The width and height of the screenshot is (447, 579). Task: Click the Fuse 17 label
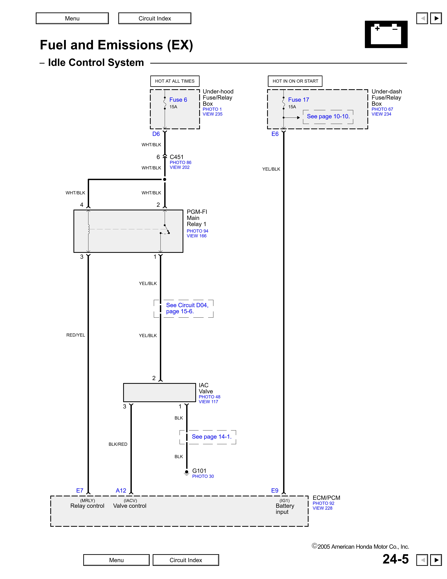coord(298,100)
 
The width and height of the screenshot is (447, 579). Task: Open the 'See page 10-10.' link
coord(328,116)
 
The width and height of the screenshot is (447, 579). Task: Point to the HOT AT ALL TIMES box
coord(175,81)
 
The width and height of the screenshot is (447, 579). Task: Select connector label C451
coord(177,157)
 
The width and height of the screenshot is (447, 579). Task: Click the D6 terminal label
coord(156,134)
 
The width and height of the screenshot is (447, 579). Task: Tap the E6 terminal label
coord(275,134)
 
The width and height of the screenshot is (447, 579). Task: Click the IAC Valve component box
coord(159,392)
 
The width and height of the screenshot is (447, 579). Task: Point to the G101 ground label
coord(199,471)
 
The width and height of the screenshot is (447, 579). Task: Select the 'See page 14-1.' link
coord(212,437)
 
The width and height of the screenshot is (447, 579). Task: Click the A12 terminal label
coord(121,490)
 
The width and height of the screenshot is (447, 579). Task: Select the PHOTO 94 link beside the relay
coord(197,231)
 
